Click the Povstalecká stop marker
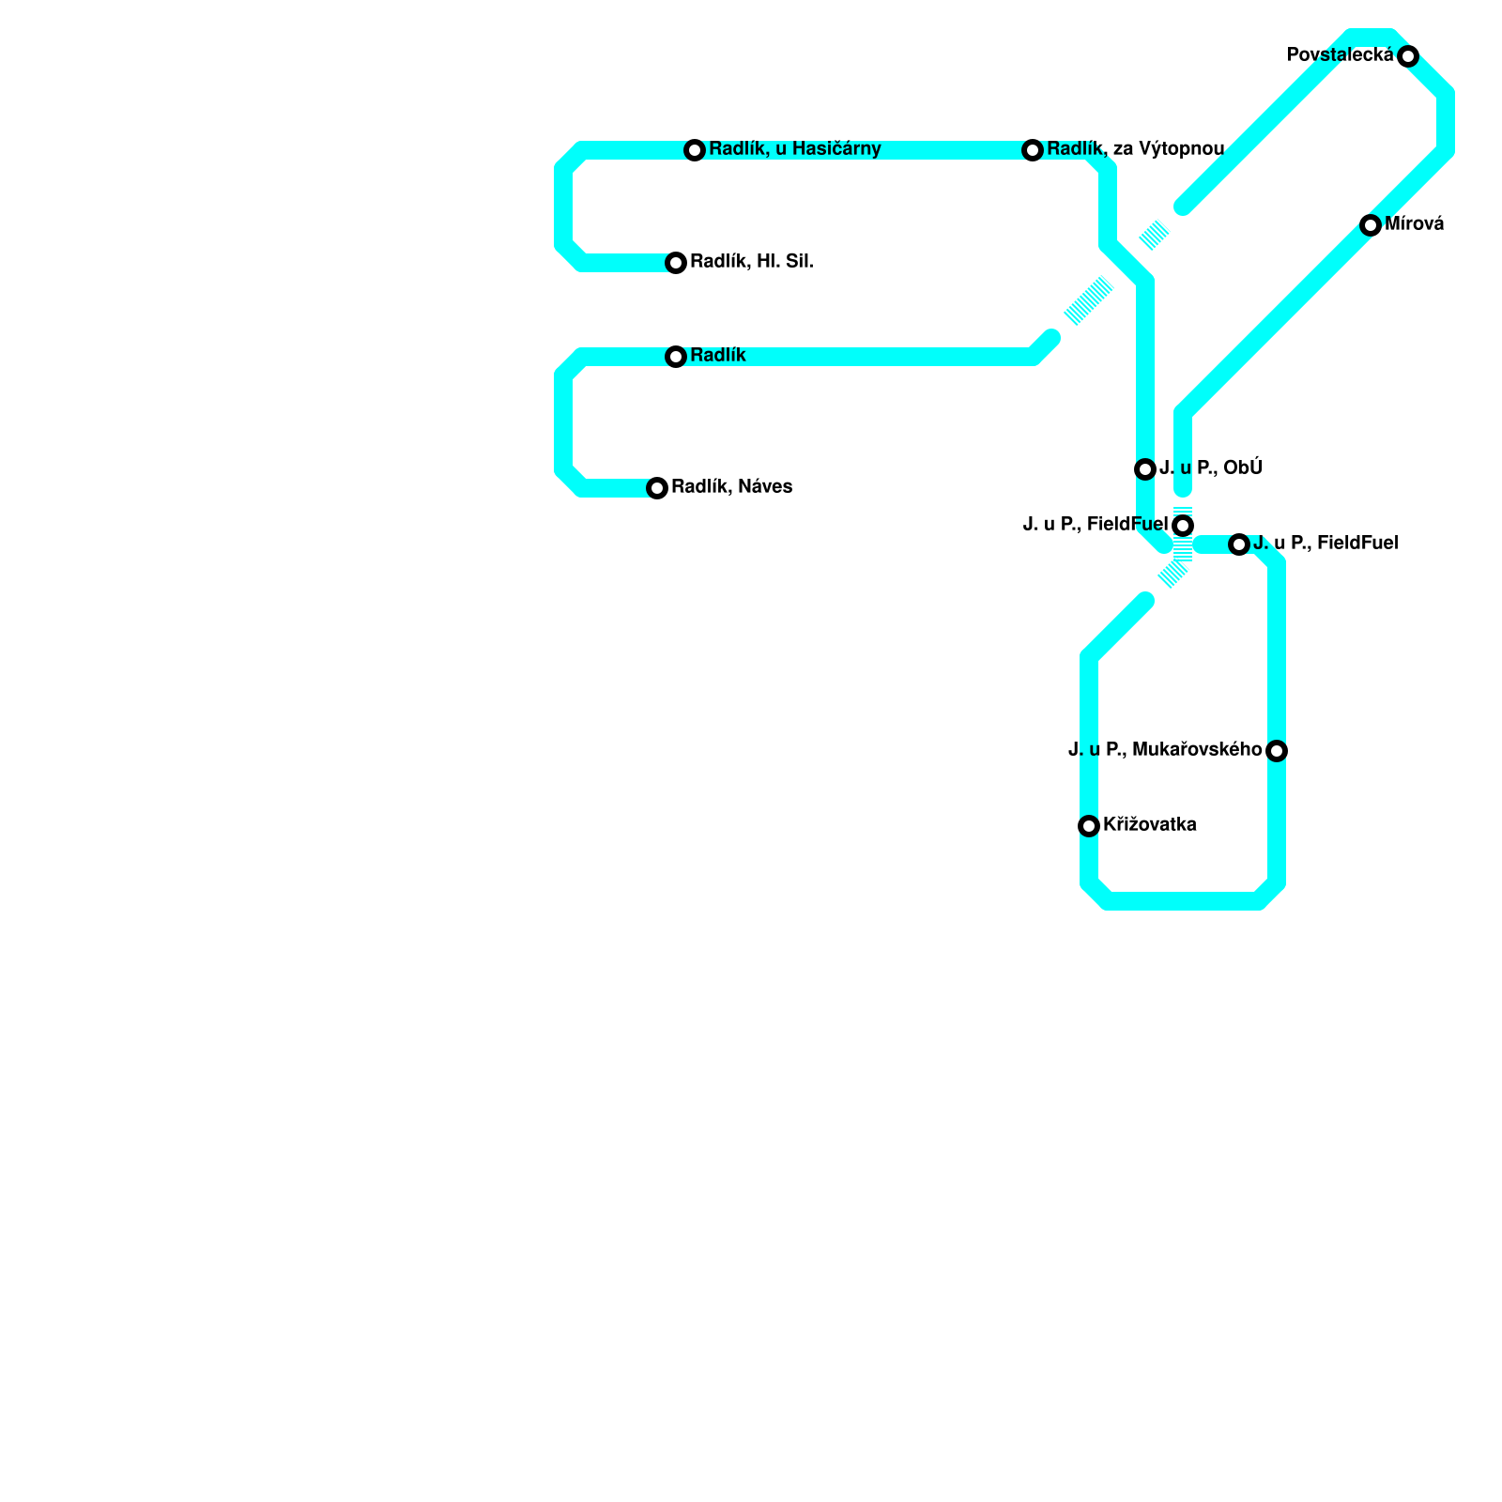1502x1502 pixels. coord(1408,56)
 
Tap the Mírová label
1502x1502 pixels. coord(1414,224)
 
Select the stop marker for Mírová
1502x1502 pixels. coord(1371,225)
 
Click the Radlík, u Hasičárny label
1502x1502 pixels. coord(794,149)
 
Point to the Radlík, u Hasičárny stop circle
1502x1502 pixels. coord(695,150)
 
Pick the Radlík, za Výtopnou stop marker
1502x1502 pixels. coord(1033,150)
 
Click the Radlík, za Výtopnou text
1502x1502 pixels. coord(1135,149)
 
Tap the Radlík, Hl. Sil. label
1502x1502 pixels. coord(751,262)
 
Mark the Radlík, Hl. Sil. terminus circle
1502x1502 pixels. coord(676,263)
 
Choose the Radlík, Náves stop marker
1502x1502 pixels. coord(657,488)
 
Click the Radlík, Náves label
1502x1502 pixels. coord(731,487)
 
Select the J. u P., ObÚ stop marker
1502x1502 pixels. coord(1145,469)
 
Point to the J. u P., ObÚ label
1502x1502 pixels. coord(1211,468)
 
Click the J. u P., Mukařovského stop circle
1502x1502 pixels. coord(1277,751)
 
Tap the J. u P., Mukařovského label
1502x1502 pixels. coord(1165,750)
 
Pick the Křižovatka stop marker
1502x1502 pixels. coord(1089,826)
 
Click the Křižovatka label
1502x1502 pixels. coord(1149,825)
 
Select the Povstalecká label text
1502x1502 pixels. coord(1340,55)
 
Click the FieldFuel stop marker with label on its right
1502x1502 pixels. coord(1239,544)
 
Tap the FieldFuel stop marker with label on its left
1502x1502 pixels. coord(1183,526)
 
